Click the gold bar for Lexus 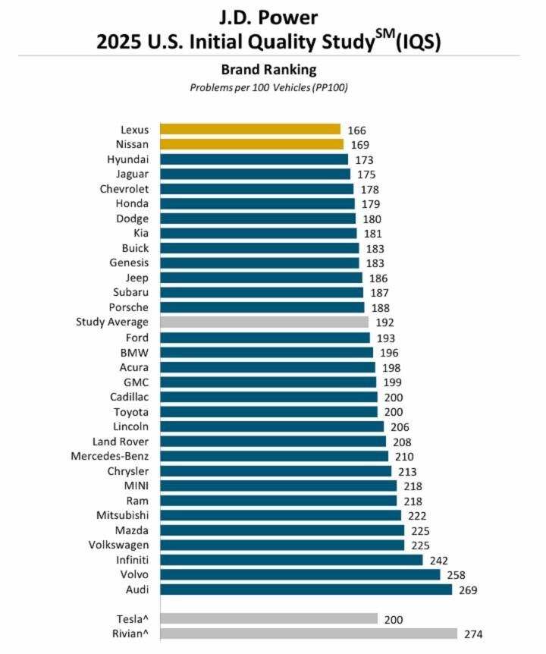pyautogui.click(x=250, y=130)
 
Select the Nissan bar pyautogui.click(x=252, y=144)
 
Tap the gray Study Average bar pyautogui.click(x=264, y=322)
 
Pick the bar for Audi pyautogui.click(x=306, y=590)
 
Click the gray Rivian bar pyautogui.click(x=309, y=634)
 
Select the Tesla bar pyautogui.click(x=269, y=619)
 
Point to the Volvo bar pyautogui.click(x=300, y=574)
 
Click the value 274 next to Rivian pyautogui.click(x=473, y=634)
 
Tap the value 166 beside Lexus pyautogui.click(x=356, y=130)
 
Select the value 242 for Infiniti pyautogui.click(x=438, y=560)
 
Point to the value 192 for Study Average pyautogui.click(x=384, y=322)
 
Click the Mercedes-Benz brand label pyautogui.click(x=110, y=456)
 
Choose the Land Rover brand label pyautogui.click(x=121, y=442)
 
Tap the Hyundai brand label pyautogui.click(x=128, y=159)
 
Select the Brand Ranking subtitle pyautogui.click(x=268, y=70)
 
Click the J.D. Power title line pyautogui.click(x=268, y=16)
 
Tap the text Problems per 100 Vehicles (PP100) pyautogui.click(x=268, y=87)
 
